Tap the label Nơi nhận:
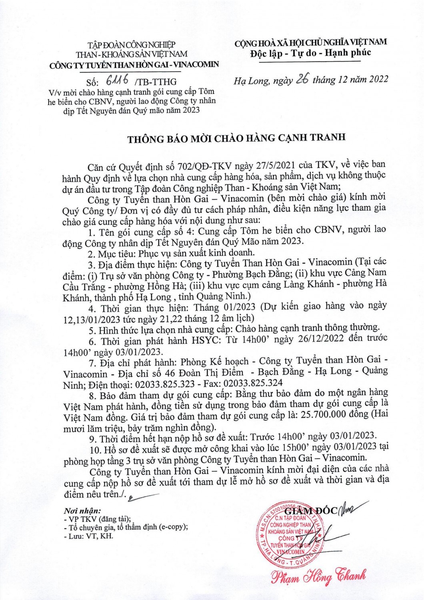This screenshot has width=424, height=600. (x=82, y=511)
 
